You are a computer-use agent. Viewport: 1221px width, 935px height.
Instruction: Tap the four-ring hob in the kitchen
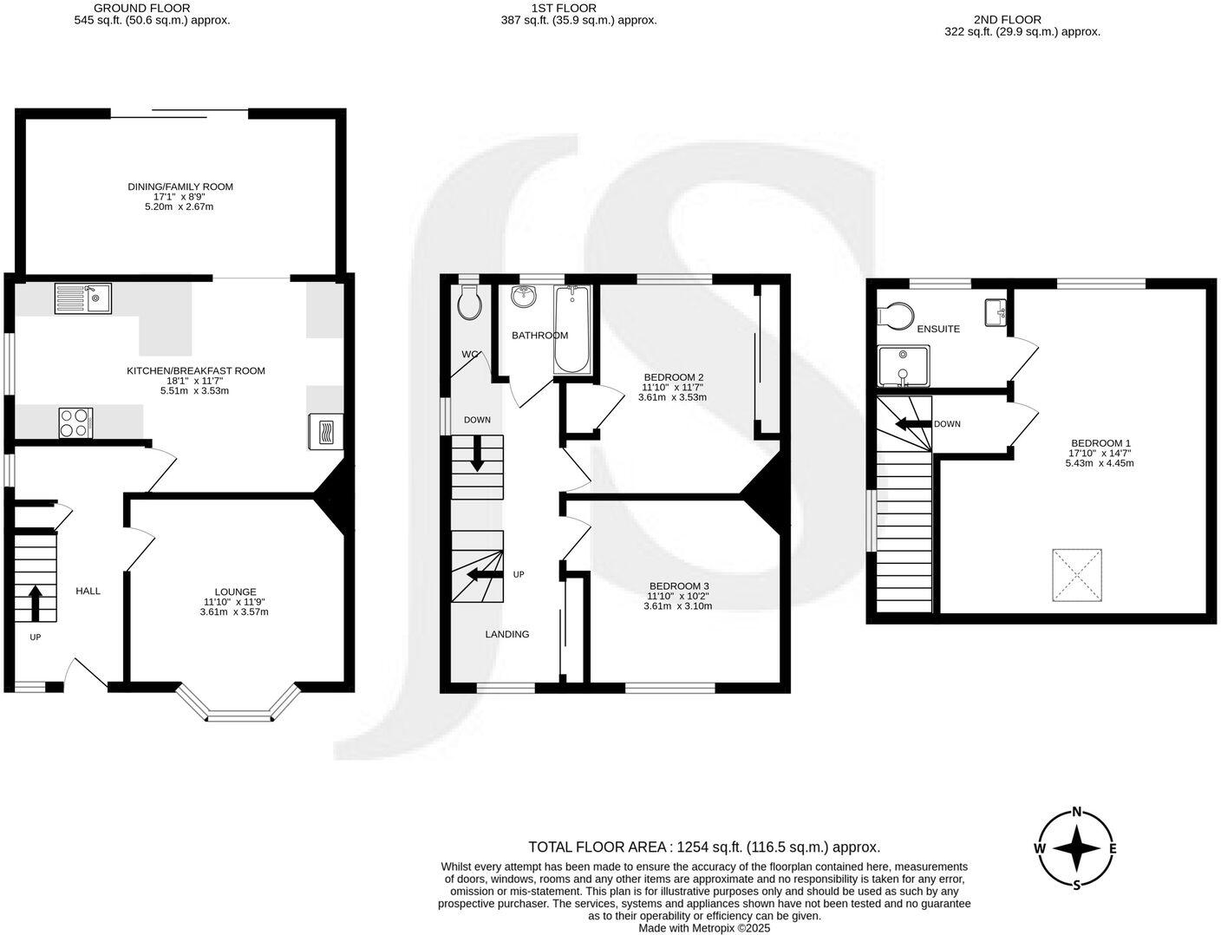[x=75, y=422]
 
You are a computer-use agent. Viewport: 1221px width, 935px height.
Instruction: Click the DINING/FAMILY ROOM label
[x=180, y=186]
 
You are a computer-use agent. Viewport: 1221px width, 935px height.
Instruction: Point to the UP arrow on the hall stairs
[x=36, y=603]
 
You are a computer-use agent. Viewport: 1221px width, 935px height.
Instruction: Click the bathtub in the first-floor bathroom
[x=571, y=330]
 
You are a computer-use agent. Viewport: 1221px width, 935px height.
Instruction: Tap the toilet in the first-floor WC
[x=468, y=304]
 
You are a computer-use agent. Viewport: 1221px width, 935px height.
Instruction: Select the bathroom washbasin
[x=525, y=297]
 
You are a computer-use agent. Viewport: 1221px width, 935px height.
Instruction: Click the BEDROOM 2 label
[x=672, y=376]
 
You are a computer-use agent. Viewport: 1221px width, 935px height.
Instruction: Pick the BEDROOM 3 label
[x=677, y=585]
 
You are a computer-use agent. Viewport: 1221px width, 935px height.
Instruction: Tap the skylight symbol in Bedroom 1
[x=1077, y=575]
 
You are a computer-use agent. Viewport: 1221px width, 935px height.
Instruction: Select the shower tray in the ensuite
[x=903, y=365]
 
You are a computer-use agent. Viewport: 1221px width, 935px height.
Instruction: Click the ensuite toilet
[x=895, y=317]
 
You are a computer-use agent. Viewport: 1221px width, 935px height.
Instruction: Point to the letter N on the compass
[x=1077, y=813]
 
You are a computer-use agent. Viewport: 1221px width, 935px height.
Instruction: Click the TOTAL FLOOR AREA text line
[x=704, y=847]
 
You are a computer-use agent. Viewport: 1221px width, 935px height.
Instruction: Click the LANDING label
[x=506, y=634]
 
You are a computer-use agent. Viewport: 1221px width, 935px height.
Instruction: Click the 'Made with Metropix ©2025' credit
[x=704, y=927]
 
